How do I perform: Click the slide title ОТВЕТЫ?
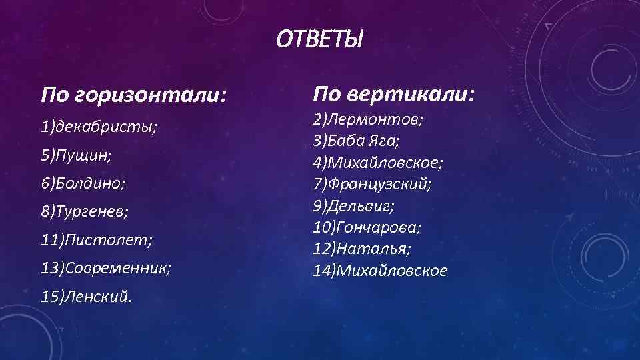(320, 41)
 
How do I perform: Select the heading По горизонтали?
(133, 95)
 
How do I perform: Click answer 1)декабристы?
(99, 127)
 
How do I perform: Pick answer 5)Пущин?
(76, 155)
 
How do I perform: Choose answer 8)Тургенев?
(85, 211)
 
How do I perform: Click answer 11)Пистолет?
(97, 239)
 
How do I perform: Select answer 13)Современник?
(106, 267)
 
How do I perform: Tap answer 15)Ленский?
(86, 296)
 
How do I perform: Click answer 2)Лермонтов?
(369, 120)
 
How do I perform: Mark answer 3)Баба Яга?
(357, 141)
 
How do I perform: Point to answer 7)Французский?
(372, 184)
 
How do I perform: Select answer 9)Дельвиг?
(354, 206)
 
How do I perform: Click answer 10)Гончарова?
(367, 227)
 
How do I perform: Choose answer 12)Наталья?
(362, 249)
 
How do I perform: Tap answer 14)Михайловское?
(380, 270)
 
